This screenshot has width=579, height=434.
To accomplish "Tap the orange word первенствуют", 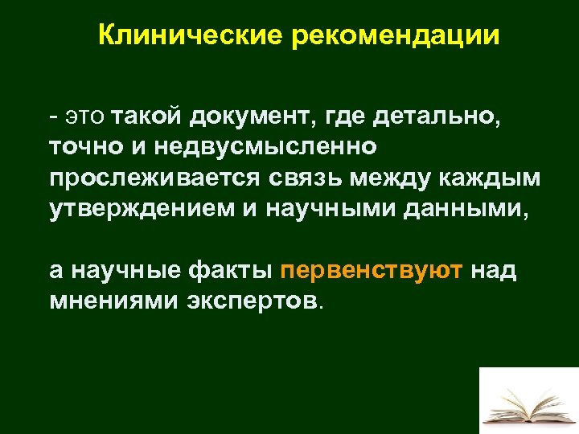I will point(372,270).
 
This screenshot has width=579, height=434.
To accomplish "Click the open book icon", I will point(528,401).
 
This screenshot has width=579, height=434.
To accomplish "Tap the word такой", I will point(148,119).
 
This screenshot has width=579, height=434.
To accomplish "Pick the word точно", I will point(81,149).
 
